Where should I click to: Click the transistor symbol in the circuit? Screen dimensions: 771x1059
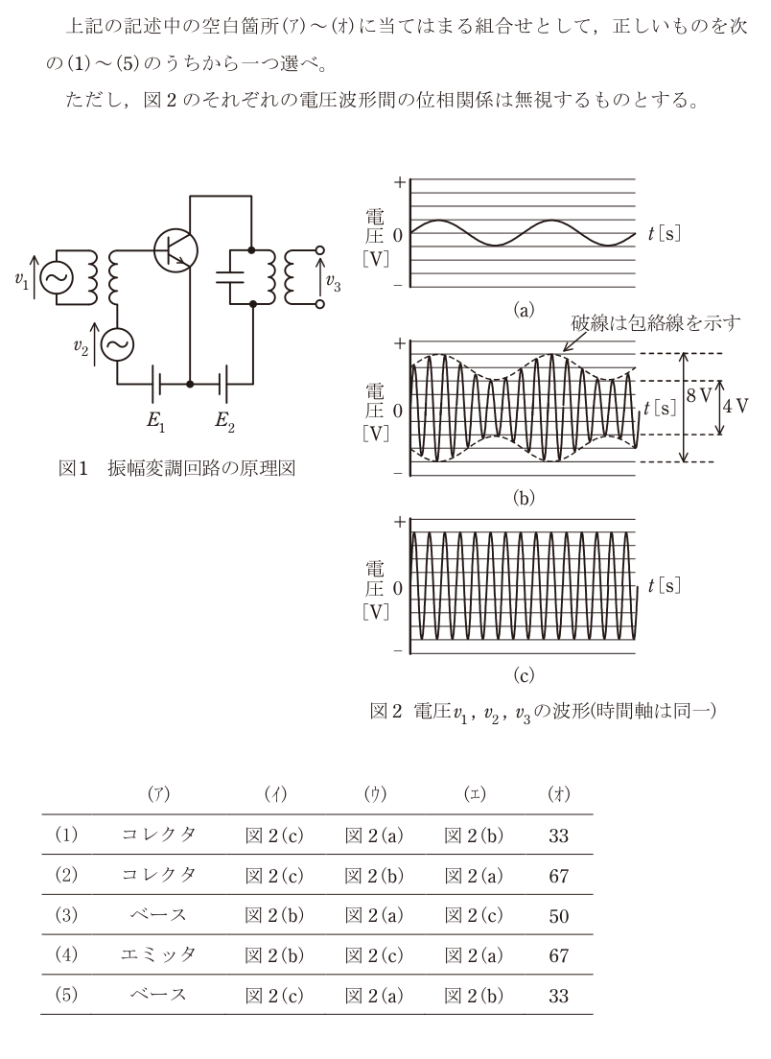tap(175, 250)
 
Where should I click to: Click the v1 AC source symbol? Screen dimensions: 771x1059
tap(56, 278)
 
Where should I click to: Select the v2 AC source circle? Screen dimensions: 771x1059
tap(118, 345)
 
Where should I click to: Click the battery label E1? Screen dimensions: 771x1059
tap(156, 421)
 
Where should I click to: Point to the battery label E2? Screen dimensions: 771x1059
tap(224, 421)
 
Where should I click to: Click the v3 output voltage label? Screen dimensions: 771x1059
tap(333, 282)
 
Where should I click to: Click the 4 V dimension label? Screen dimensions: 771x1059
tap(736, 406)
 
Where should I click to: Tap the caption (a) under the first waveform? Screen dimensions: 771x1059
tap(524, 310)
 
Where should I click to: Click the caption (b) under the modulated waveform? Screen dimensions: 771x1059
tap(524, 498)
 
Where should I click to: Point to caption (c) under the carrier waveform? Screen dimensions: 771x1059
tap(524, 674)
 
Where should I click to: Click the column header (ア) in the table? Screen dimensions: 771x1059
tap(158, 794)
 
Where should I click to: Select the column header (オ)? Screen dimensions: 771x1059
tap(559, 794)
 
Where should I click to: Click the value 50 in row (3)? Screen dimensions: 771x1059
tap(559, 916)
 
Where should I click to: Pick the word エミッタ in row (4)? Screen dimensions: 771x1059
tap(158, 955)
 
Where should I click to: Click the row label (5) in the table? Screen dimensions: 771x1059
tap(66, 995)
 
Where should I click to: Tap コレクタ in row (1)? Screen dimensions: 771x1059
tap(158, 835)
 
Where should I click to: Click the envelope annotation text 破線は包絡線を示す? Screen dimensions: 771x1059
tap(656, 323)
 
